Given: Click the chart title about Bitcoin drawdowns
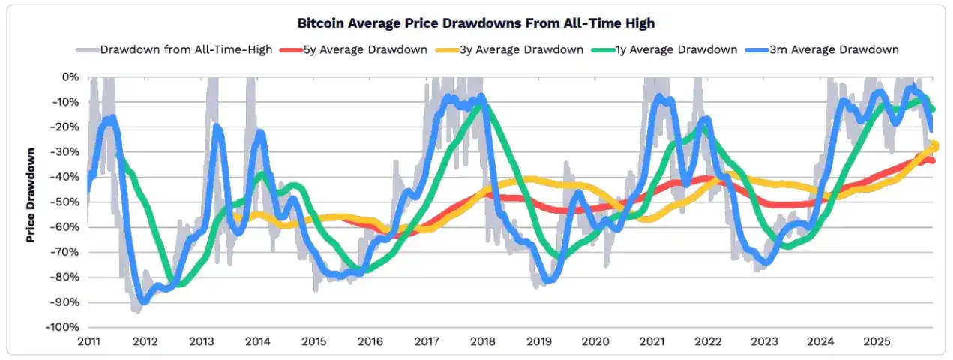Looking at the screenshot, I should [x=476, y=23].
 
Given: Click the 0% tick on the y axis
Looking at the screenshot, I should [x=70, y=76].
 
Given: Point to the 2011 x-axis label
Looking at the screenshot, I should [x=88, y=341].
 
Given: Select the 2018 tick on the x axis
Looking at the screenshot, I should [x=483, y=341].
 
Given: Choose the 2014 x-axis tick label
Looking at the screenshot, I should [x=257, y=341].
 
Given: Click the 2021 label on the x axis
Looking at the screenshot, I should [x=652, y=341].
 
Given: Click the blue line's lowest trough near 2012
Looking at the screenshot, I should [x=143, y=301].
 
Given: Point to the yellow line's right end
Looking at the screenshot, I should [x=934, y=146].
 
